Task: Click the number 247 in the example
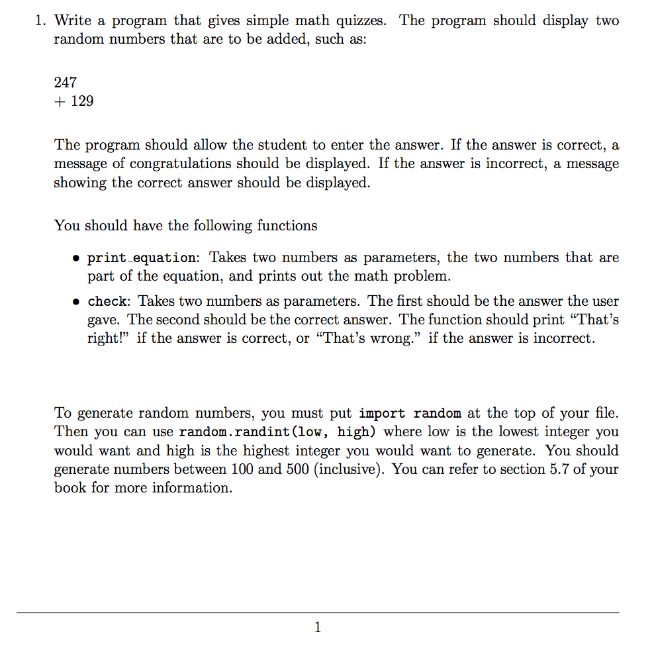[66, 83]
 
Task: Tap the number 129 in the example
[82, 101]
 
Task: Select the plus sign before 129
[59, 101]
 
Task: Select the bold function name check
[107, 302]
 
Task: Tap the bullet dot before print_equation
[77, 258]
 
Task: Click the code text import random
[410, 414]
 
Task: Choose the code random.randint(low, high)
[279, 432]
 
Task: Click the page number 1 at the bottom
[318, 628]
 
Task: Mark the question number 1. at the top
[41, 21]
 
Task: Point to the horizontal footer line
[318, 612]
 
